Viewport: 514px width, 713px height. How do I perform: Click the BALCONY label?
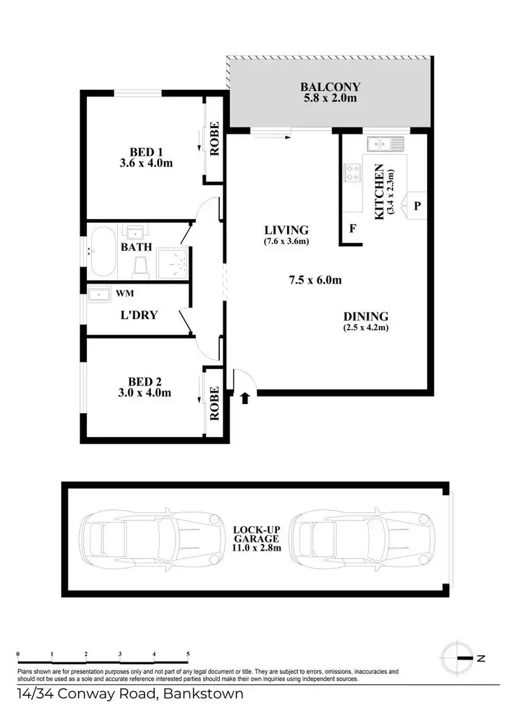330,87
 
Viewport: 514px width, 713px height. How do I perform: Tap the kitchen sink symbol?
385,144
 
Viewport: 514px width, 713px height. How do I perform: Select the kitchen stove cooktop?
353,173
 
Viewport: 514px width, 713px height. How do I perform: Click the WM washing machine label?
125,293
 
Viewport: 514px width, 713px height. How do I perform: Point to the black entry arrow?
245,397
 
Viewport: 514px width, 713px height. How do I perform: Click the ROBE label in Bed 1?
215,139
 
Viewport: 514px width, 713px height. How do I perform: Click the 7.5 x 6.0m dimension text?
315,279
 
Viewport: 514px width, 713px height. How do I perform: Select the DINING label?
366,316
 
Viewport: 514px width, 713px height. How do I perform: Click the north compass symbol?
457,658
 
